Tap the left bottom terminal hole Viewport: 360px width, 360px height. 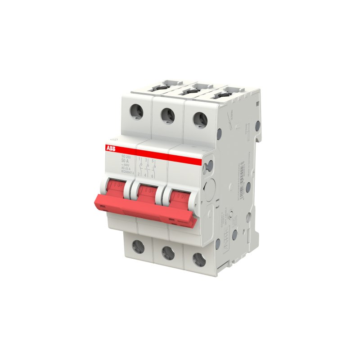click(x=138, y=246)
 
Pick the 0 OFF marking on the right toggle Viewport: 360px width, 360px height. click(x=180, y=195)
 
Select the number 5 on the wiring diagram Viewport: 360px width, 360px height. click(x=153, y=161)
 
